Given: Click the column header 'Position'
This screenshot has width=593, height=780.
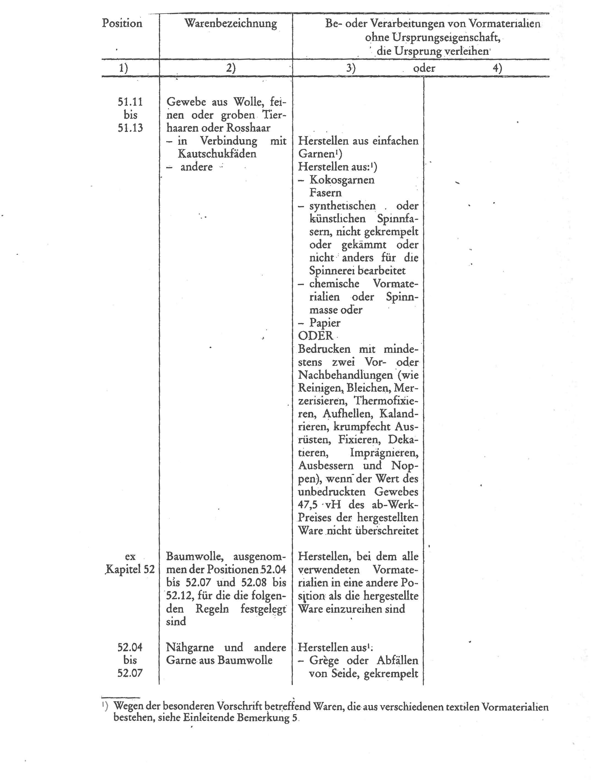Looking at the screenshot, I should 122,23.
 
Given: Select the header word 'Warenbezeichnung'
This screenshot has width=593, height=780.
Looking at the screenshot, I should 230,24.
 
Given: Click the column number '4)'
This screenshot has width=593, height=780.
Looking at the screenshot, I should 497,68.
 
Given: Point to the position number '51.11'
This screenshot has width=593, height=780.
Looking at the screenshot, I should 130,102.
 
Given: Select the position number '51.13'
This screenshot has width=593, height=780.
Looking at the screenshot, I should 130,128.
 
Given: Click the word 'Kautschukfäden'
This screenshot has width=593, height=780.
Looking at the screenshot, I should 217,154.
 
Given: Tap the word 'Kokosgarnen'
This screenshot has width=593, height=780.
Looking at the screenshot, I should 342,180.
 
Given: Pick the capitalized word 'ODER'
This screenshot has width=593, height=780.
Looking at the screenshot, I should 316,335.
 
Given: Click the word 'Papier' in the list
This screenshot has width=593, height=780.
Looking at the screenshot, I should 325,323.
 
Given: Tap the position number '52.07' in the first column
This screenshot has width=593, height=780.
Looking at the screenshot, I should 130,673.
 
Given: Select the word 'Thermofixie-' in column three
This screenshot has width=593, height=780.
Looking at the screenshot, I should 386,401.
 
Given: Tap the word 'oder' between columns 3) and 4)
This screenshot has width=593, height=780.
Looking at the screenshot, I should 424,68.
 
